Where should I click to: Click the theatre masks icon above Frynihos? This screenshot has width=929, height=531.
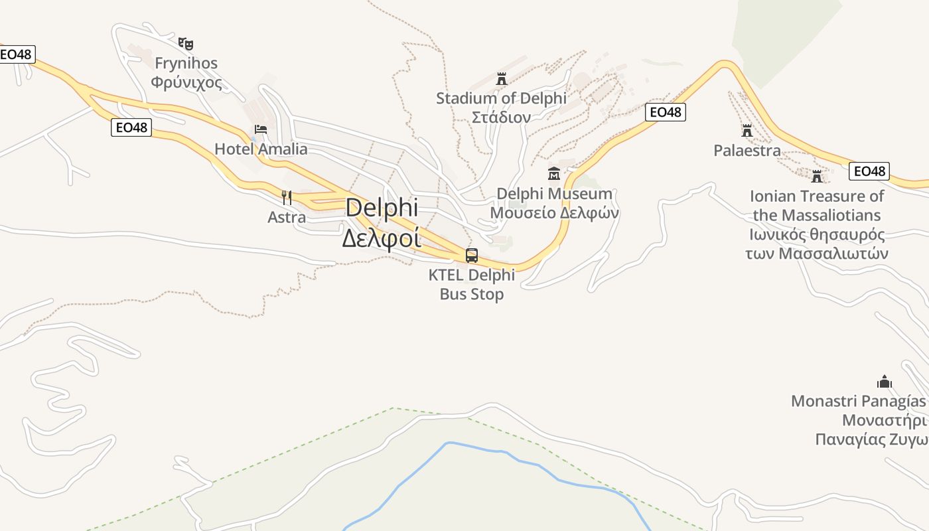coord(186,44)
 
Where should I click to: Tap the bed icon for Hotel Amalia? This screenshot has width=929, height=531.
coord(261,129)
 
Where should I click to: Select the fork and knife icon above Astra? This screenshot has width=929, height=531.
coord(287,197)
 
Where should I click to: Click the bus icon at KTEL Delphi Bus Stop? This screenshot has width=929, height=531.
coord(472,255)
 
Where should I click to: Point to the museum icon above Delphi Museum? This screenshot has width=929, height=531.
coord(553,174)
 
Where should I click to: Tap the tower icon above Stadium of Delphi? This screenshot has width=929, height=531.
coord(502,79)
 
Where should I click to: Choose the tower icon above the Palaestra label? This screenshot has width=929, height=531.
coord(747,131)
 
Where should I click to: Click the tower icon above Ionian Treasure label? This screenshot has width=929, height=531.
coord(817,176)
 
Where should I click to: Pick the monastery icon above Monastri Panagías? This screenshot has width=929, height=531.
coord(885,382)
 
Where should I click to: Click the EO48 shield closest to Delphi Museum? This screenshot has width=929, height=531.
coord(665,112)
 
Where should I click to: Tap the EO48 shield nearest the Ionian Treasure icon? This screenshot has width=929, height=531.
coord(869,171)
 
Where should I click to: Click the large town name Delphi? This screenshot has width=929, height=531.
coord(382,208)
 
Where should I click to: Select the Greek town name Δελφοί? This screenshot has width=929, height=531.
coord(382,237)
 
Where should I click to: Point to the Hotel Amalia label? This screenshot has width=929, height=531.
coord(261,149)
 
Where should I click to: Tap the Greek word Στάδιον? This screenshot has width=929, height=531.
coord(501,117)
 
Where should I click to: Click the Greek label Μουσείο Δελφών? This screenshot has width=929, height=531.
coord(554,213)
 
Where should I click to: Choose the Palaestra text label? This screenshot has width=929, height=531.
coord(747,151)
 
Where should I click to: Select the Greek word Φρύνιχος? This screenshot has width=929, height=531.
coord(186,82)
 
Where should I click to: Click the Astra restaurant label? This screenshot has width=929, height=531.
coord(287,217)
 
